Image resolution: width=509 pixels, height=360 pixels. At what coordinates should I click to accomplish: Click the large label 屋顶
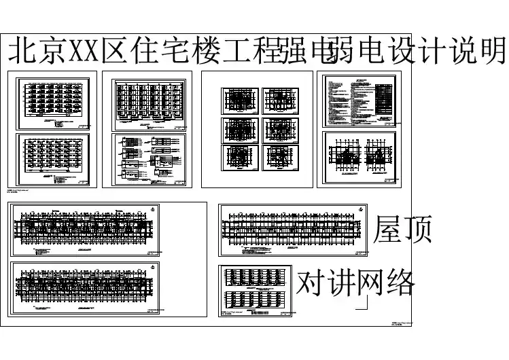point(404,231)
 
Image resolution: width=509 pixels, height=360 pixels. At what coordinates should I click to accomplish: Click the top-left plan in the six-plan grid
point(238,101)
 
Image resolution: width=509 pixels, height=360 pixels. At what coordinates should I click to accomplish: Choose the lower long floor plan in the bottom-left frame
point(86,289)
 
